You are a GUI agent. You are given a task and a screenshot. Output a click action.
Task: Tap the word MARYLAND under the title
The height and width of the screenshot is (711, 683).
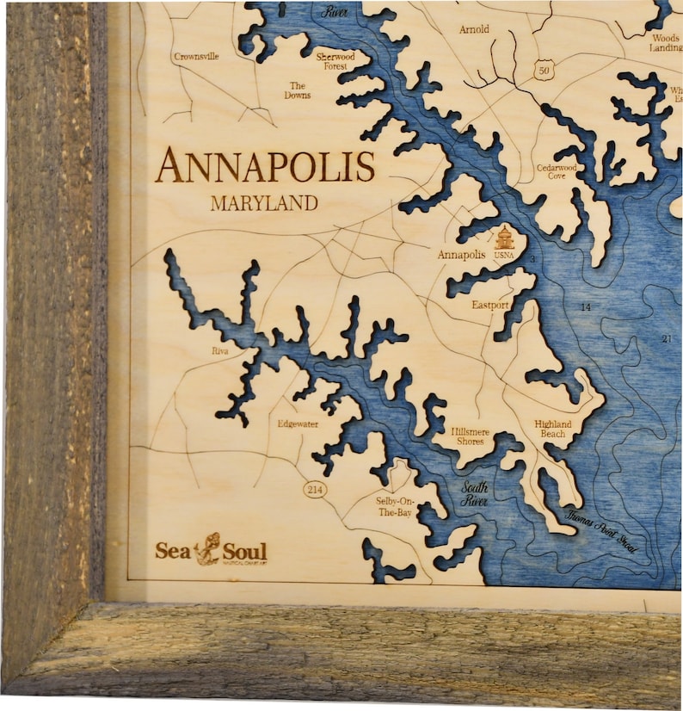(264, 204)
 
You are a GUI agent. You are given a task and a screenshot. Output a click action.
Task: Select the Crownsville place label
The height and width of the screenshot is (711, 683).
(196, 57)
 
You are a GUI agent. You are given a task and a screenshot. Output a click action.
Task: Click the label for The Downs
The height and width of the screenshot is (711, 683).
(298, 90)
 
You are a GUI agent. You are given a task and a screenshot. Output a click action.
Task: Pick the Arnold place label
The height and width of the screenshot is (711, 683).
(473, 29)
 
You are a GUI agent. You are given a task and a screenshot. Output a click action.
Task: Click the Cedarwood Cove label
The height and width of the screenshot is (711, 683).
(557, 172)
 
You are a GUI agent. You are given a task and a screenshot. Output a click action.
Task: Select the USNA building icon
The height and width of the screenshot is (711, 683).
(505, 238)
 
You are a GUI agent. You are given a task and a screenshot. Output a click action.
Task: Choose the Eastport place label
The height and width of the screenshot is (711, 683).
(490, 306)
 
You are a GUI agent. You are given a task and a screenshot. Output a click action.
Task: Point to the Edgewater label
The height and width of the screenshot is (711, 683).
(298, 424)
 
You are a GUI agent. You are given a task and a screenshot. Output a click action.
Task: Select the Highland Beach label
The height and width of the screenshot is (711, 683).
(552, 429)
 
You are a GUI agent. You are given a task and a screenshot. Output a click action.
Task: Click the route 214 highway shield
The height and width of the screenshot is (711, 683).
(315, 489)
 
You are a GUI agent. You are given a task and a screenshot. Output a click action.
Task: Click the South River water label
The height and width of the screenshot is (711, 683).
(476, 493)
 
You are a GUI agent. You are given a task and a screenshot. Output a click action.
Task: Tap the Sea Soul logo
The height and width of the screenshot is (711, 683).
(211, 551)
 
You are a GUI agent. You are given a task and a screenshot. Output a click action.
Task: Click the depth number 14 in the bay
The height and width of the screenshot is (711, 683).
(586, 307)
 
